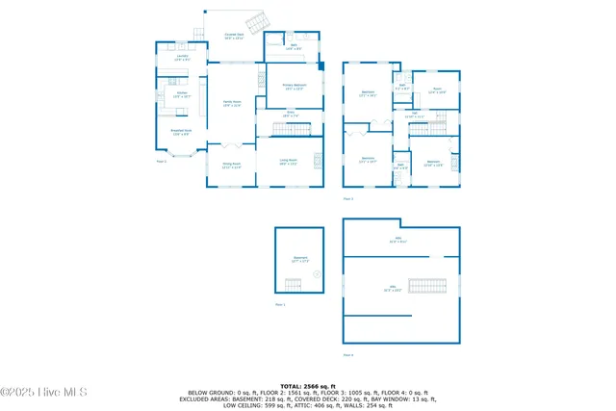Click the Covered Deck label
click(234, 38)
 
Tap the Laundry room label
click(181, 59)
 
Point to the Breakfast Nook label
click(181, 132)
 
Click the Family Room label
click(232, 102)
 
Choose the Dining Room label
click(231, 165)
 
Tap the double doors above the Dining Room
click(230, 144)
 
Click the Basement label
click(299, 259)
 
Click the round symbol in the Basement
click(316, 274)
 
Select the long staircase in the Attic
click(426, 286)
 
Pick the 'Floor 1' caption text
click(280, 305)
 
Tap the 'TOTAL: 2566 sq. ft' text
click(308, 385)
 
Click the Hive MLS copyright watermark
click(44, 392)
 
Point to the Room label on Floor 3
click(436, 90)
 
